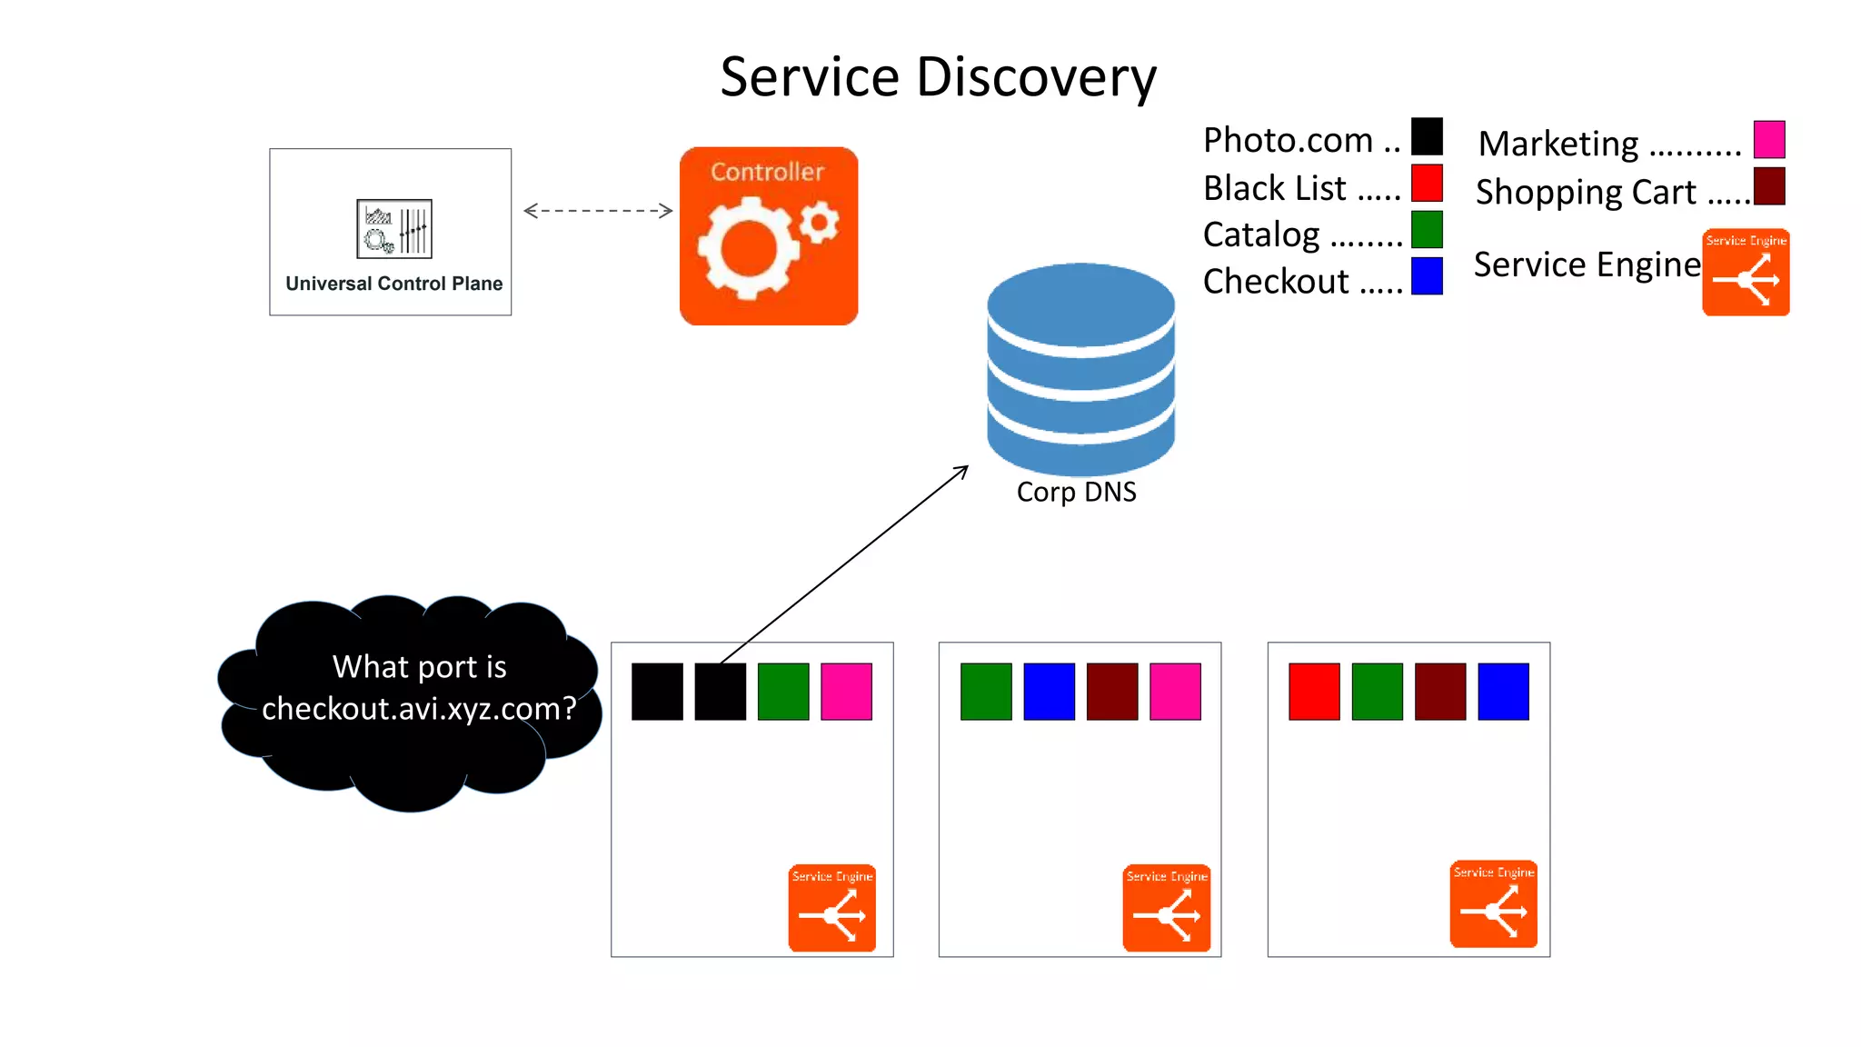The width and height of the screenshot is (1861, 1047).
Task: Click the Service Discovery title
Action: [938, 76]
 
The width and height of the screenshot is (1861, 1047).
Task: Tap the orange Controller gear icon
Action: [769, 236]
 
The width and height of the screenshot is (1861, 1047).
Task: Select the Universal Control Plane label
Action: [393, 284]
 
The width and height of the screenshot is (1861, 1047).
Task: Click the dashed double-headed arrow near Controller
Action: [598, 211]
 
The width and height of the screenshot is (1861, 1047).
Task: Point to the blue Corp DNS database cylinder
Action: [1080, 368]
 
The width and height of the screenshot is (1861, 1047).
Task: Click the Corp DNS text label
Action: [1076, 492]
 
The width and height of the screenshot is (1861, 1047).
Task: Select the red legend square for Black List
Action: [1427, 183]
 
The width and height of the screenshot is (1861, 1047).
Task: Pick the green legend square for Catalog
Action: [1427, 229]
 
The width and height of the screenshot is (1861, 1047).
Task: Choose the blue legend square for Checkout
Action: [1427, 276]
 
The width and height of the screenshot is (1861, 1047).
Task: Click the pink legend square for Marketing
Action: [1768, 139]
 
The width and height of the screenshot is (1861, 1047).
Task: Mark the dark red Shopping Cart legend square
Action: [1768, 186]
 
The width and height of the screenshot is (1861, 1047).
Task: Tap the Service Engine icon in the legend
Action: [1746, 273]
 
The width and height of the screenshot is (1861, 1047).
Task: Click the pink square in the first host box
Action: [846, 692]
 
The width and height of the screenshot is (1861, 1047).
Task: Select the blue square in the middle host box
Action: [1049, 692]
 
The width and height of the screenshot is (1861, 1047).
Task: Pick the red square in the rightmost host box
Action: [1314, 692]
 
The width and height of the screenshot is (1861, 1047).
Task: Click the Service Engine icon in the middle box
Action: [1167, 908]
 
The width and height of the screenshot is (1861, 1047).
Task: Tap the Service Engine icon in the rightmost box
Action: [1494, 904]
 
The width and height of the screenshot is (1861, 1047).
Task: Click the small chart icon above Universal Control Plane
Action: [394, 229]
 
